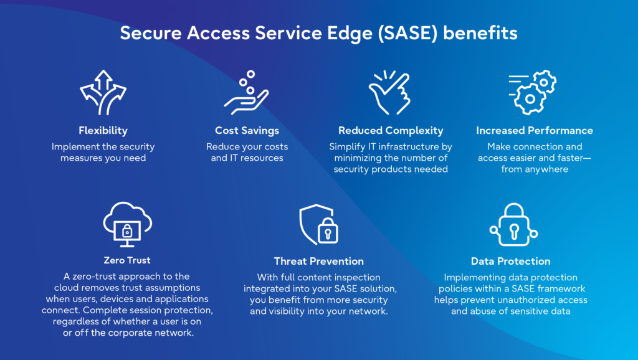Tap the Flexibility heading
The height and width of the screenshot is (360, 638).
(x=103, y=131)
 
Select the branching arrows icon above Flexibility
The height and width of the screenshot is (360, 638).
(x=103, y=92)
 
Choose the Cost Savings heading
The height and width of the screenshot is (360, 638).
(x=247, y=131)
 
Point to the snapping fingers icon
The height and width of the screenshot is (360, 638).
(x=391, y=93)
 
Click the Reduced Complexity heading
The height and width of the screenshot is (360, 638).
(x=391, y=131)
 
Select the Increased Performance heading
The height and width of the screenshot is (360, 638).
(x=535, y=131)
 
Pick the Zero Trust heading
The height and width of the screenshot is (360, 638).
(x=127, y=260)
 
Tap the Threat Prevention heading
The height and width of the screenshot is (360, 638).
(x=319, y=261)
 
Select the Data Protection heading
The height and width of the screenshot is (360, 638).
(x=511, y=261)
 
